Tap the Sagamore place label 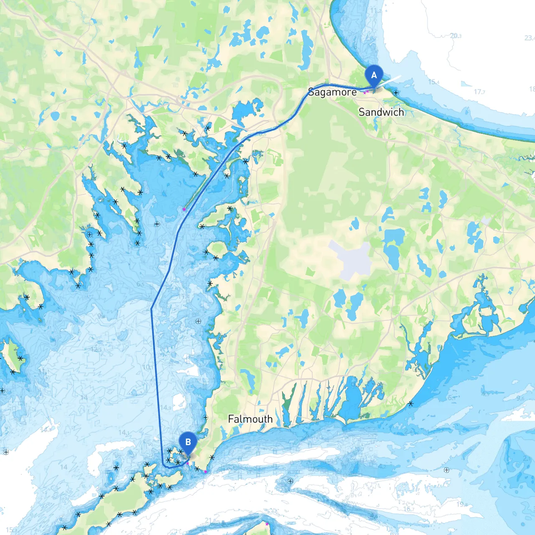[x=332, y=92]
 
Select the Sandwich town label [x=381, y=112]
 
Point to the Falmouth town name [x=250, y=419]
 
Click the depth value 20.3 [x=456, y=36]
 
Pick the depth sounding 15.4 [x=433, y=82]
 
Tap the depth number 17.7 [x=479, y=92]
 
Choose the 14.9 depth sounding [x=165, y=407]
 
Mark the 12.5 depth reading [x=96, y=349]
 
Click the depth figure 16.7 [x=409, y=509]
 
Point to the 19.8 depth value [x=462, y=504]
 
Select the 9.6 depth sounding [x=520, y=398]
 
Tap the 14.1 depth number [x=124, y=432]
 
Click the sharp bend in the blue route [x=151, y=309]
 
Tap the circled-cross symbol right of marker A [x=396, y=93]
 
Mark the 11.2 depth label [x=376, y=11]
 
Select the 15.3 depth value [x=11, y=530]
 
